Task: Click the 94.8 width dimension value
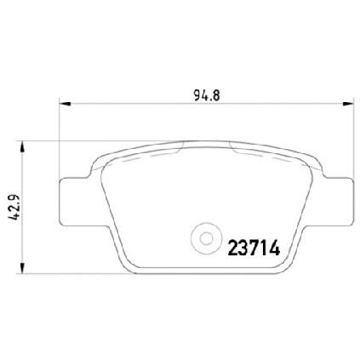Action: (207, 95)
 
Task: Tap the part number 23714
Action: (254, 248)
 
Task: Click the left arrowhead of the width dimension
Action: (65, 104)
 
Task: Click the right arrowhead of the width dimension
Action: (348, 104)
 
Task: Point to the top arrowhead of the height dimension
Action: (22, 147)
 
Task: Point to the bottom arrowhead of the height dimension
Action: (22, 268)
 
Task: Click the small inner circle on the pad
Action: (206, 238)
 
